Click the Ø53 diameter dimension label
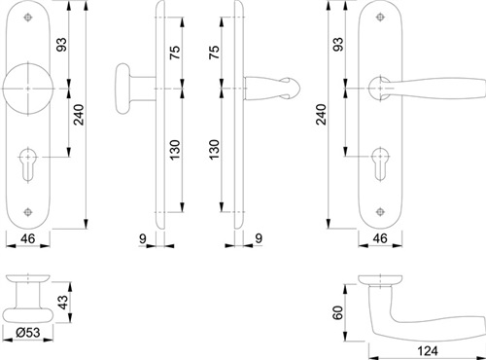click(28, 332)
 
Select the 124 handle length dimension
click(427, 350)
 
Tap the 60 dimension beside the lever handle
click(337, 312)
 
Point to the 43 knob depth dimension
click(64, 302)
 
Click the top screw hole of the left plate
click(28, 18)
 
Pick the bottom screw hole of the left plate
click(28, 212)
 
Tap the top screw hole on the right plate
click(380, 18)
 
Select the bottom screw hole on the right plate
click(380, 212)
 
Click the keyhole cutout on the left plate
click(28, 164)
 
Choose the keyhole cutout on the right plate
click(380, 164)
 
